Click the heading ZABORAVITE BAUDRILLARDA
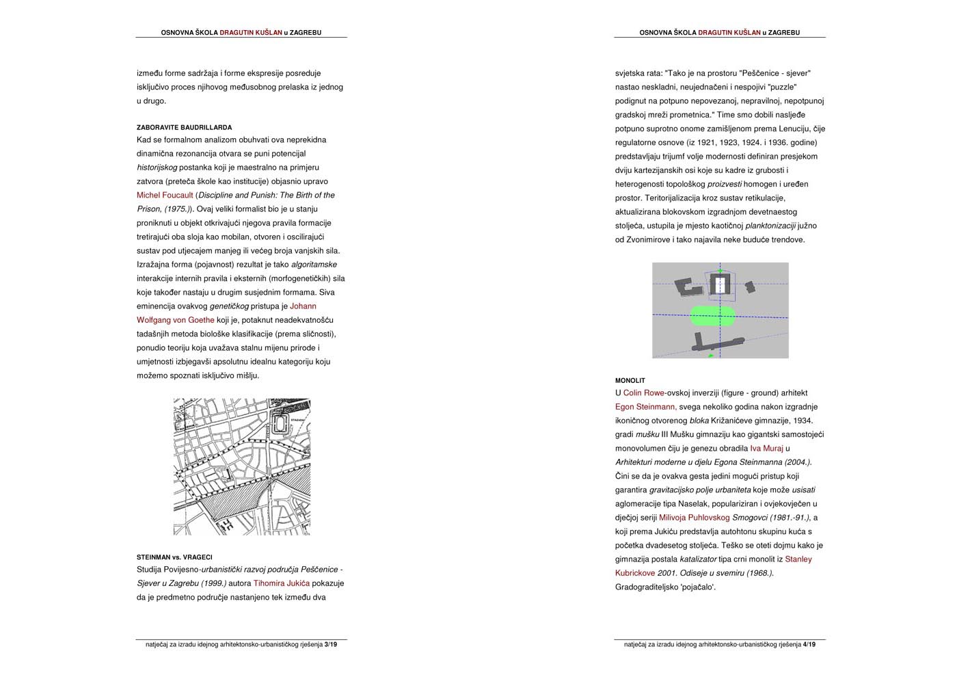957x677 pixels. pyautogui.click(x=184, y=127)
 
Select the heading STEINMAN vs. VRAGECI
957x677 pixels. pyautogui.click(x=174, y=557)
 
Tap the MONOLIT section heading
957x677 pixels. pyautogui.click(x=630, y=380)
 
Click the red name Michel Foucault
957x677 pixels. pyautogui.click(x=165, y=196)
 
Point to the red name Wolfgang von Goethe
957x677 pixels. pyautogui.click(x=176, y=320)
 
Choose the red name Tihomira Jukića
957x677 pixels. pyautogui.click(x=281, y=583)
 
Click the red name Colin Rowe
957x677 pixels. pyautogui.click(x=643, y=393)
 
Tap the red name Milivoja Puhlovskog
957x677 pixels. pyautogui.click(x=694, y=518)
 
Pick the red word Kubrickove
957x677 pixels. pyautogui.click(x=634, y=573)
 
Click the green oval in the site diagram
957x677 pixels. pyautogui.click(x=713, y=315)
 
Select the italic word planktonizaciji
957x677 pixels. pyautogui.click(x=770, y=226)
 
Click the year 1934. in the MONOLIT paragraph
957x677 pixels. pyautogui.click(x=803, y=421)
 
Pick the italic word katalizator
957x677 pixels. pyautogui.click(x=698, y=559)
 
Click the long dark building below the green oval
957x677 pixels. pyautogui.click(x=718, y=343)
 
